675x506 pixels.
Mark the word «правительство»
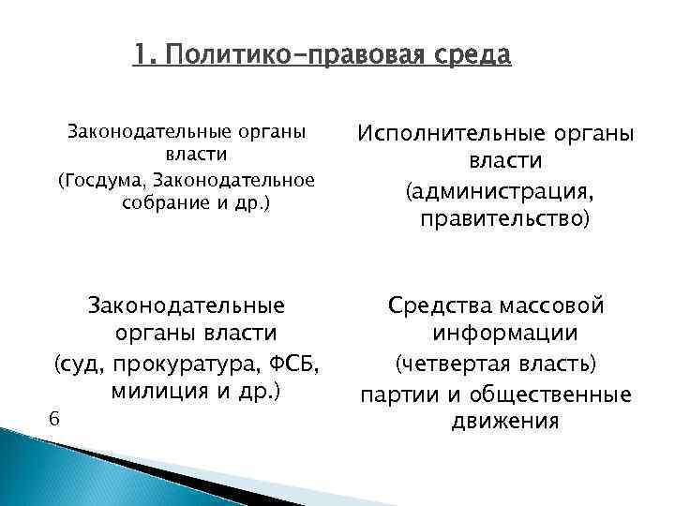point(502,219)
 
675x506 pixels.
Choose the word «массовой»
point(562,305)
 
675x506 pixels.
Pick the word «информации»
point(504,335)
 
